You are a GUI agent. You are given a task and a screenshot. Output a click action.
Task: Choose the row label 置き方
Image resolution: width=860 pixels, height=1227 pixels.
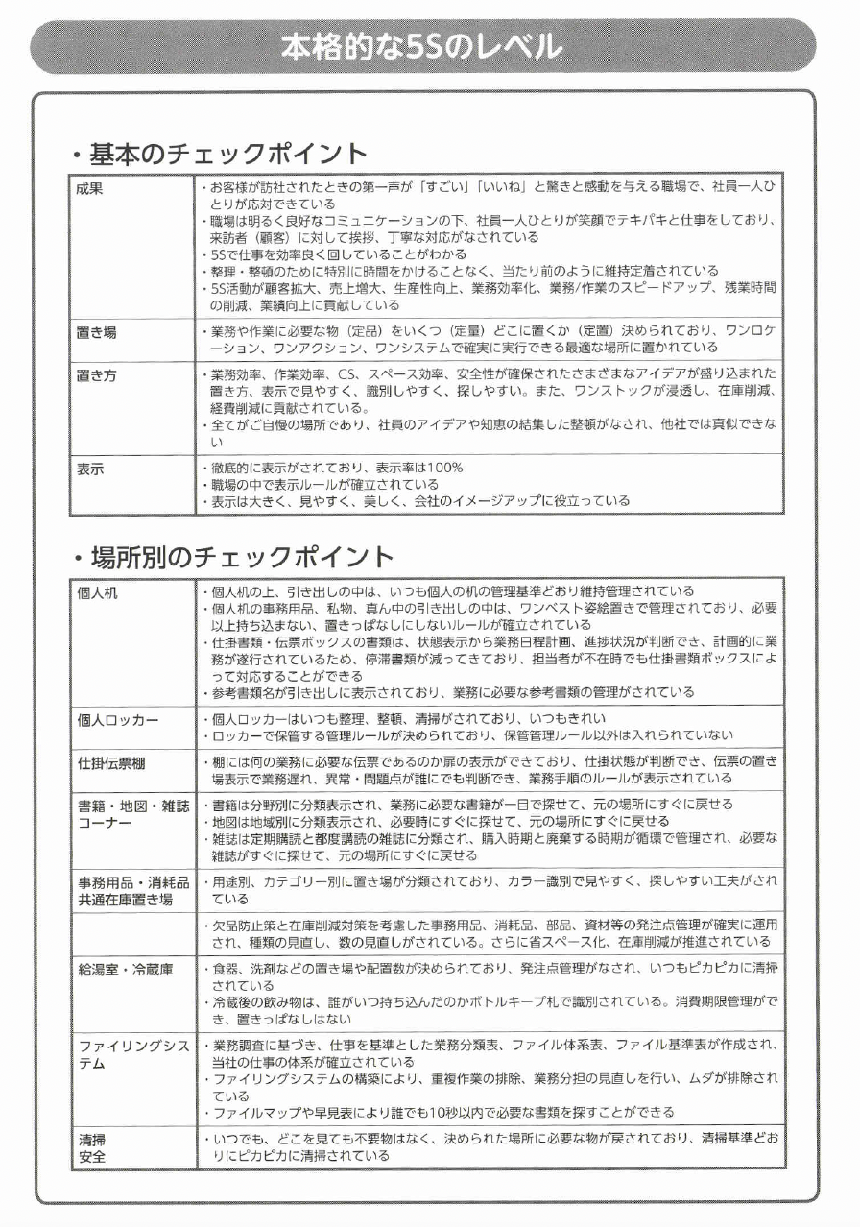[x=97, y=374]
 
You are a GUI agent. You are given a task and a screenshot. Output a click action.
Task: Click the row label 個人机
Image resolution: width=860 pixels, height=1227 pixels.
[x=97, y=592]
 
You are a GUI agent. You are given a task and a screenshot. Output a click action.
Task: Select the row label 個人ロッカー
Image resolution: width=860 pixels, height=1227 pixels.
[x=118, y=720]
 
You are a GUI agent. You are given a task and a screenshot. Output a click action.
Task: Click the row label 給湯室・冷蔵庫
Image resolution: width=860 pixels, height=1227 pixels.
[x=126, y=971]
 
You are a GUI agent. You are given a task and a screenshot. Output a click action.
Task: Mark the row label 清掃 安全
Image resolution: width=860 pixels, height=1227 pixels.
[x=92, y=1148]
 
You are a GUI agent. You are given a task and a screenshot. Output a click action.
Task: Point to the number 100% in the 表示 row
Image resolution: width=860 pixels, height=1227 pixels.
[x=445, y=468]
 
